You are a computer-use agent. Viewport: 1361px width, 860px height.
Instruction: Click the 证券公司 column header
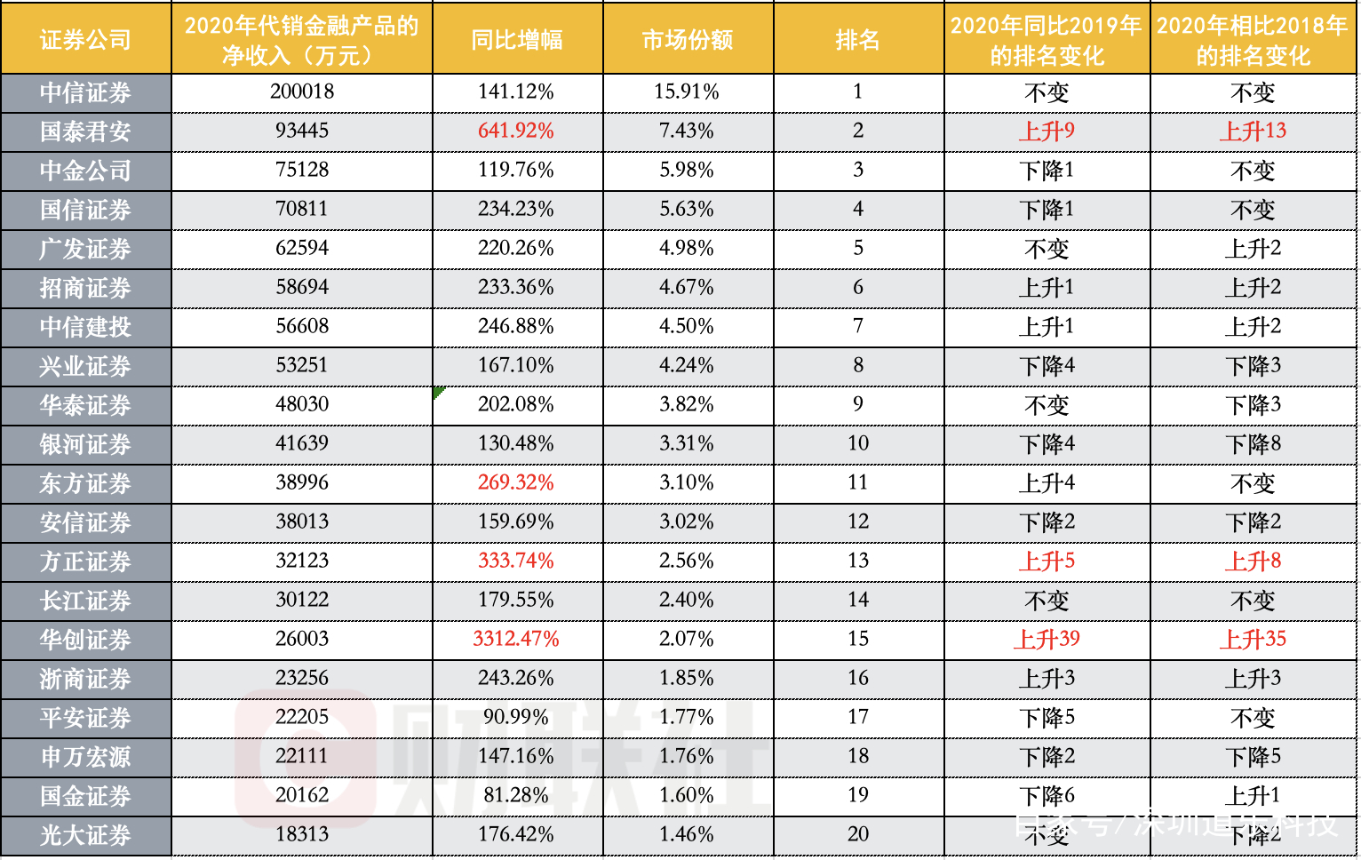click(x=85, y=39)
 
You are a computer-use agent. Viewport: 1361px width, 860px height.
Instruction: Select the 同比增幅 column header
click(x=516, y=39)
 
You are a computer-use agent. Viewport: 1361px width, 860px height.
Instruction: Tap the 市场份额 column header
click(x=687, y=39)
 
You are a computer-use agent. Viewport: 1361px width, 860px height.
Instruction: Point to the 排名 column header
click(x=857, y=39)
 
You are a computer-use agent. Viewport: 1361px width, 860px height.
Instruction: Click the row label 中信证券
click(x=85, y=92)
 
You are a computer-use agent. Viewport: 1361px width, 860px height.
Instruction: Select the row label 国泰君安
click(x=85, y=131)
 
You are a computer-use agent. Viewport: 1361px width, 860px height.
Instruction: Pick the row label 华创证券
click(x=85, y=640)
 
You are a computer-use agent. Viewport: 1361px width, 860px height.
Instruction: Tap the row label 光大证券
click(x=85, y=835)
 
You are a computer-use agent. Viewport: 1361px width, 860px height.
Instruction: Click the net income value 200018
click(x=302, y=92)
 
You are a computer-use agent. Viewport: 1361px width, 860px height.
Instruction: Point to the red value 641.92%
click(x=515, y=131)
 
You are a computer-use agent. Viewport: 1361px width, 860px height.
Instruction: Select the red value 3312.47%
click(x=515, y=639)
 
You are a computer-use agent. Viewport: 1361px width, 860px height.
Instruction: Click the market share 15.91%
click(x=686, y=92)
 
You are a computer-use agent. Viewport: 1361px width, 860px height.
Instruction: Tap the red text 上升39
click(x=1047, y=639)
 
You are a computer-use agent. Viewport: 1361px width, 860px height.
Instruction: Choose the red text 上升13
click(x=1253, y=131)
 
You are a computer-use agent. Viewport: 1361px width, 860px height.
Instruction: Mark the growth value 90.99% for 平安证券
click(x=515, y=717)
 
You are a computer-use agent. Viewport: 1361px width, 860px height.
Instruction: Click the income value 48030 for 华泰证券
click(x=302, y=404)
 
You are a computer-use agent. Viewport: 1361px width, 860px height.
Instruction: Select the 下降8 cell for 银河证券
click(x=1253, y=443)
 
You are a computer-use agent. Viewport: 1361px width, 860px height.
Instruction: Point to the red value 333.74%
click(x=515, y=561)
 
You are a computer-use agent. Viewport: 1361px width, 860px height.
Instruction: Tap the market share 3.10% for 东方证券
click(x=686, y=482)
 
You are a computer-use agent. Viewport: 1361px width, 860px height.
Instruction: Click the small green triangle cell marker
click(x=437, y=391)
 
